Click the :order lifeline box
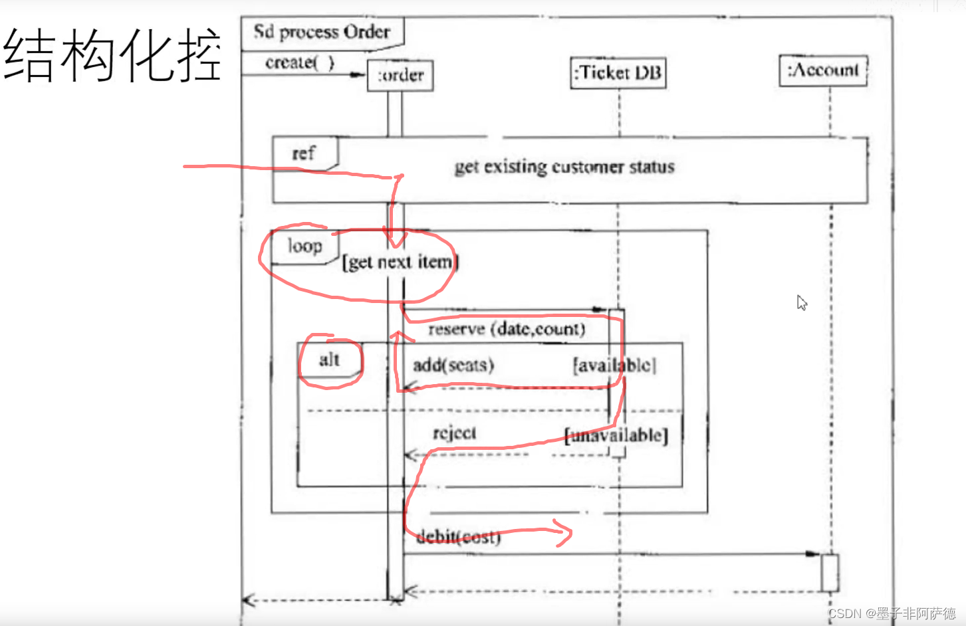400,75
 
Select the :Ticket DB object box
619,72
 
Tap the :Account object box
823,70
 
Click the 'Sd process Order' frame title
322,32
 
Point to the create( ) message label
299,62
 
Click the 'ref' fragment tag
303,154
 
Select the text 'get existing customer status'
564,167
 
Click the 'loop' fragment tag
304,247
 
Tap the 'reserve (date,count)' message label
507,329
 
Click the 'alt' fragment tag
329,360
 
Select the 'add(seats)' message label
453,365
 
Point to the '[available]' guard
614,365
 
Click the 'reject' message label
454,433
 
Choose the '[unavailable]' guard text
616,435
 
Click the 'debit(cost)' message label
458,537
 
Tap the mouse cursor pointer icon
802,302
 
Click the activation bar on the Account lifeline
830,572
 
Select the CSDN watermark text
892,613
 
